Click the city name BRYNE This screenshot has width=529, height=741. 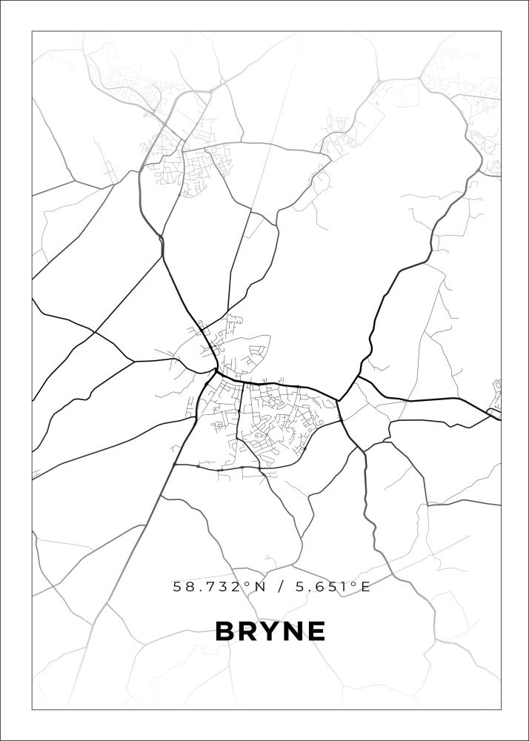(270, 631)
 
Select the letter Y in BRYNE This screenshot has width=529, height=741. (269, 631)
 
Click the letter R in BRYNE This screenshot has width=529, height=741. (247, 631)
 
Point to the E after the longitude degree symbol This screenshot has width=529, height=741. (365, 587)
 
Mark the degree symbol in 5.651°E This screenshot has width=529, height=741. (355, 584)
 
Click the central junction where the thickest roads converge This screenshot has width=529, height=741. (216, 370)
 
